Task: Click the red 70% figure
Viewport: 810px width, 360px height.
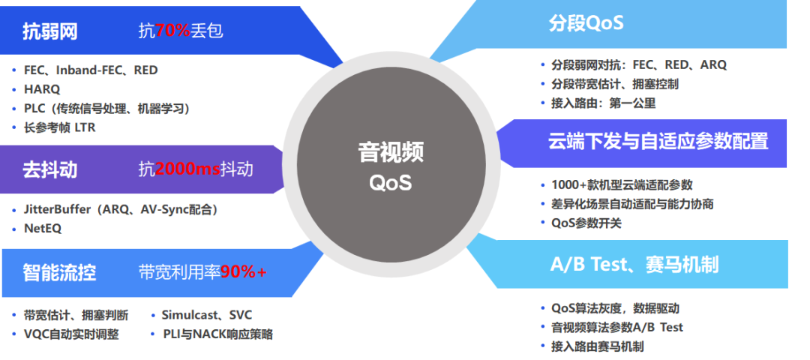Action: (x=173, y=31)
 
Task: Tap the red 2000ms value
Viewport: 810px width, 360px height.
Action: (x=187, y=169)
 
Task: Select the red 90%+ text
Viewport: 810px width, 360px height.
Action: (x=244, y=271)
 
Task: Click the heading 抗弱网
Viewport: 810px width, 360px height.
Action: (x=50, y=31)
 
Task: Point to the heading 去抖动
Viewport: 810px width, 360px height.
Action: (x=50, y=169)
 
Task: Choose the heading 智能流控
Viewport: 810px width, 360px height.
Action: (x=59, y=272)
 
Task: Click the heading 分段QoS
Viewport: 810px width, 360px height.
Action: (x=586, y=23)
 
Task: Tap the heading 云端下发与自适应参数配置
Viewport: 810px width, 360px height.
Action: (x=658, y=141)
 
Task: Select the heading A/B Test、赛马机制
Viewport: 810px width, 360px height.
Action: (x=634, y=265)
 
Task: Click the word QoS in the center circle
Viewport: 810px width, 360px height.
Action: (x=391, y=182)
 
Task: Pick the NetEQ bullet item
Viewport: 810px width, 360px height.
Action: (x=43, y=229)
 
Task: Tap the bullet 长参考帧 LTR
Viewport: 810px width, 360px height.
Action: (x=59, y=127)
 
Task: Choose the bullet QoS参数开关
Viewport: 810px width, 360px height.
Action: (x=586, y=223)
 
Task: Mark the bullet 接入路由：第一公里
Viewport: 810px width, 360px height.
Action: (x=603, y=103)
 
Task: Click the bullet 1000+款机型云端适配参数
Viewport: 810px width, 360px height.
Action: (x=622, y=185)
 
